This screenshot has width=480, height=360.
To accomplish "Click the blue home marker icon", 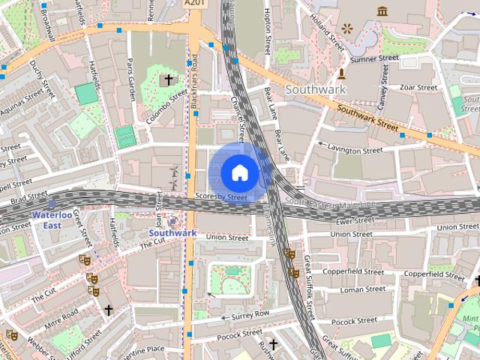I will click(239, 172).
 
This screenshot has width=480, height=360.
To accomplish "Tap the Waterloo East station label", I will click(54, 219).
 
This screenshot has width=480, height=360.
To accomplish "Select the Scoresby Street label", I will click(220, 197).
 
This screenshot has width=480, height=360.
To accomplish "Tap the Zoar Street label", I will click(418, 88).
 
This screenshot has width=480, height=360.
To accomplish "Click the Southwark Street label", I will click(367, 115).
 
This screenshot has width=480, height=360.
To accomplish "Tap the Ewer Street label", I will click(355, 221).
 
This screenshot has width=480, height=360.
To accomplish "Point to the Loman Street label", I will click(362, 289).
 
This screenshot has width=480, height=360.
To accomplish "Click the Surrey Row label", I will click(251, 314).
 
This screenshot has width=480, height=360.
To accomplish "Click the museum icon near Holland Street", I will click(382, 10).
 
